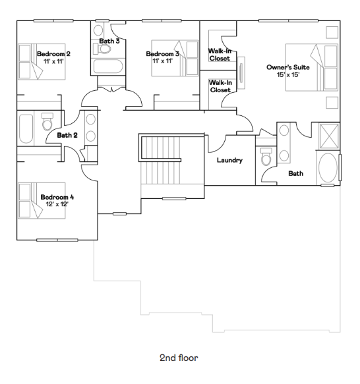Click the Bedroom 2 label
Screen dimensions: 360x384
[x=53, y=54]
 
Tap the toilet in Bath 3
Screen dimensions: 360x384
[x=102, y=49]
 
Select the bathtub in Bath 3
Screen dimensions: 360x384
[x=108, y=67]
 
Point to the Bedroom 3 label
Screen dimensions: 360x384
[x=163, y=54]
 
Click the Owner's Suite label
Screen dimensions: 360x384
[x=288, y=67]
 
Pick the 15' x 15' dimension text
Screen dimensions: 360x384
[x=288, y=74]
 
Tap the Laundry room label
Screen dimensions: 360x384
[x=230, y=160]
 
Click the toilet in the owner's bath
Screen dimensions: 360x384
[x=266, y=157]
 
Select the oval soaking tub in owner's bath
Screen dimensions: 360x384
[x=328, y=168]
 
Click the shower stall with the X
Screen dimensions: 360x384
[x=330, y=136]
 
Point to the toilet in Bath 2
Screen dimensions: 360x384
[x=47, y=122]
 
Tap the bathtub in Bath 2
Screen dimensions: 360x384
[x=26, y=128]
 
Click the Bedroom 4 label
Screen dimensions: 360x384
[x=57, y=197]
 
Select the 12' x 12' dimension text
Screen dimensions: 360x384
[x=57, y=204]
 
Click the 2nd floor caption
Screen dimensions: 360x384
[x=179, y=358]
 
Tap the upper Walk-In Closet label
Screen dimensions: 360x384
[x=220, y=55]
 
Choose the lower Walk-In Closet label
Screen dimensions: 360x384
[x=220, y=86]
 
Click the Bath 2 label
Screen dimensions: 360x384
[x=67, y=135]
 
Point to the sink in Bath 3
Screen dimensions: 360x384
[x=98, y=30]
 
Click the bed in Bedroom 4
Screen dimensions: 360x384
[x=42, y=200]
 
